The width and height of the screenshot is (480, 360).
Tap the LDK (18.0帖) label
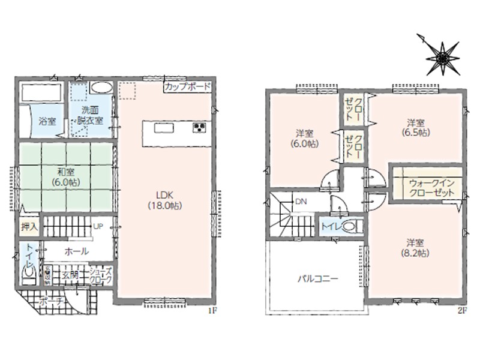click(165, 200)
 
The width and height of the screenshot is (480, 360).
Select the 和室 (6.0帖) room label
click(65, 177)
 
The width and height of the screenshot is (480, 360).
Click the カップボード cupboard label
click(188, 86)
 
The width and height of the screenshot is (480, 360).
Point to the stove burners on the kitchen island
click(199, 127)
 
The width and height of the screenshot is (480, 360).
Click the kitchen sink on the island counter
click(164, 128)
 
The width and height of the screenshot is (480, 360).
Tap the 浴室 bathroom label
click(47, 121)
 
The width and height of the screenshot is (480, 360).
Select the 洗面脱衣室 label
click(90, 115)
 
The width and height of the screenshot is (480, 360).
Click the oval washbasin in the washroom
click(101, 88)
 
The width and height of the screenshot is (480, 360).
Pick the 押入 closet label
click(29, 227)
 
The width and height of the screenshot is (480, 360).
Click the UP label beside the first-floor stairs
click(98, 227)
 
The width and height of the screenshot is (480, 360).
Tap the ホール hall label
click(77, 251)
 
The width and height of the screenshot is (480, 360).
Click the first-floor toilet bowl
click(29, 273)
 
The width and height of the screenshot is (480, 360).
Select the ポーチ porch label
click(51, 301)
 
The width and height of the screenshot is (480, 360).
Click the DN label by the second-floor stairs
click(301, 202)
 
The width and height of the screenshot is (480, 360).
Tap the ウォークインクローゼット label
click(431, 188)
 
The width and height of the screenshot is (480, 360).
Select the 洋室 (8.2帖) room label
click(415, 248)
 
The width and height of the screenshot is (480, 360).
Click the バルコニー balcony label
click(319, 279)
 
